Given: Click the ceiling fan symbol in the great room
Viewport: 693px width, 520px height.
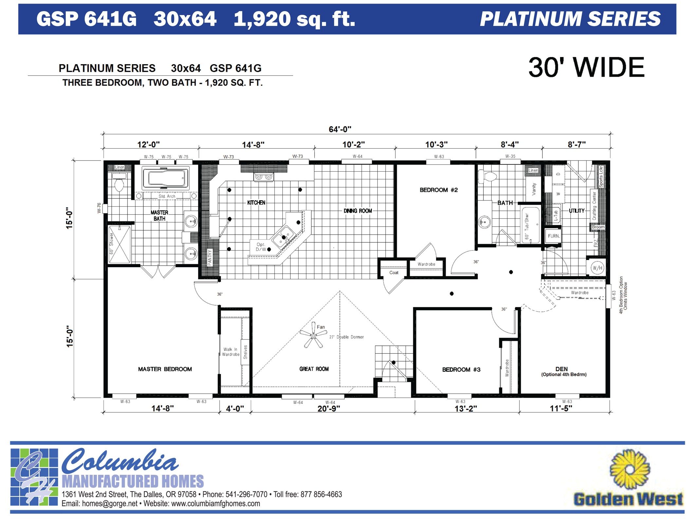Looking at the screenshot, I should tap(313, 336).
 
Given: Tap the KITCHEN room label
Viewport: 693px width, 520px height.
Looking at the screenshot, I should tap(256, 203).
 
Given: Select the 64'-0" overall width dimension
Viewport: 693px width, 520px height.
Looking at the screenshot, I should tap(340, 129).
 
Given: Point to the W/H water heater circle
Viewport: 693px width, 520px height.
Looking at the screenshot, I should tap(597, 268).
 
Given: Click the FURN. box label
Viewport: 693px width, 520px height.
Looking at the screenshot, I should tap(554, 236).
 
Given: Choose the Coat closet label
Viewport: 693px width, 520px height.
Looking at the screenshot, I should tap(394, 272).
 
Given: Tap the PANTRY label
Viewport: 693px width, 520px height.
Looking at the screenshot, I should tap(210, 257).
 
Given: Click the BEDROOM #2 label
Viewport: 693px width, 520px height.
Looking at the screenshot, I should tap(439, 190).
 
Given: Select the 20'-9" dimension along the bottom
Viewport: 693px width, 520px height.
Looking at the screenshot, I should tap(329, 409).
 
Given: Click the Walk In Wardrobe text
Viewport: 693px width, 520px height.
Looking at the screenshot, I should tap(230, 352).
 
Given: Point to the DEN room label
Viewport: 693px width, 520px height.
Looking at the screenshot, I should tap(562, 369).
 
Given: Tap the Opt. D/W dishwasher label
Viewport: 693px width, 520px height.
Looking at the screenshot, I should tap(261, 247).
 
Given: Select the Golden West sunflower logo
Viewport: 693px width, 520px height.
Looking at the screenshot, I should tap(630, 469).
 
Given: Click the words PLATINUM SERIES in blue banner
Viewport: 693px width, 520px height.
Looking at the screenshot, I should tap(570, 19).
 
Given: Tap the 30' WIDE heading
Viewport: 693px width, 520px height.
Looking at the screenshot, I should tap(586, 67).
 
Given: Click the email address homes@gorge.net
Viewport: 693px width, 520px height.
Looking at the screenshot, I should tap(110, 504).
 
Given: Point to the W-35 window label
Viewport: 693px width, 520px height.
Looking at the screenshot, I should tap(510, 157).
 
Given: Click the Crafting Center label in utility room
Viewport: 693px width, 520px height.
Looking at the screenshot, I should tap(594, 206).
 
